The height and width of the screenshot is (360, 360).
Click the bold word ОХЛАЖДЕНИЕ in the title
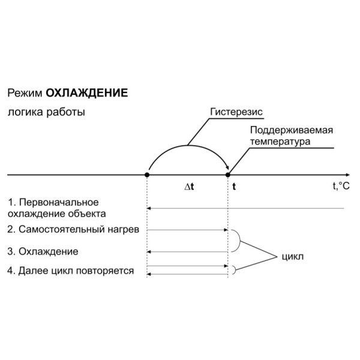[x=87, y=94]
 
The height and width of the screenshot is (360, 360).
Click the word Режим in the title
[x=25, y=94]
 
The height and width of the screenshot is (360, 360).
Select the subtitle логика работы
[x=46, y=112]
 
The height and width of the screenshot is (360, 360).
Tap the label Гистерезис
[x=237, y=112]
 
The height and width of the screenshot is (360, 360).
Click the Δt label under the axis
[x=189, y=187]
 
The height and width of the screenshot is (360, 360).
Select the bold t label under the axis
[x=234, y=187]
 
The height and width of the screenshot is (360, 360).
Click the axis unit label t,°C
[x=340, y=186]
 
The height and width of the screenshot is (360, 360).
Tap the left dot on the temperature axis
[x=148, y=175]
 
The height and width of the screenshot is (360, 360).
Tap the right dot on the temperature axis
[x=228, y=175]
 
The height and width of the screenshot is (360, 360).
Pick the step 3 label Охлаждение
[x=53, y=250]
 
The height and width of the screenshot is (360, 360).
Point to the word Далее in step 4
[x=33, y=271]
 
